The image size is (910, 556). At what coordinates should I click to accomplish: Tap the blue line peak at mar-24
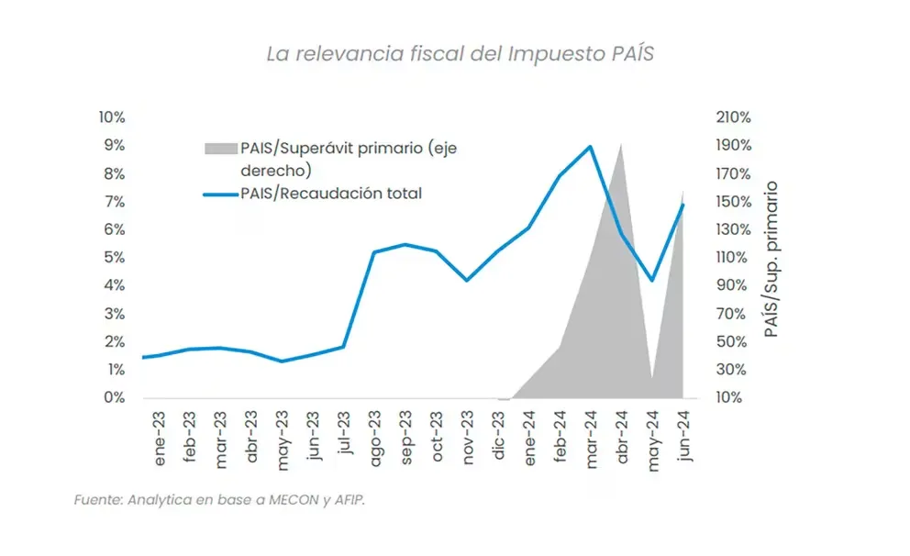(590, 147)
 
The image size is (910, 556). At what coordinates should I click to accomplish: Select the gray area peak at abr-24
(621, 145)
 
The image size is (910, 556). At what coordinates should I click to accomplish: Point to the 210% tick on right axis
(733, 117)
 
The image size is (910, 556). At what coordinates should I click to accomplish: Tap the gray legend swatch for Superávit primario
(219, 149)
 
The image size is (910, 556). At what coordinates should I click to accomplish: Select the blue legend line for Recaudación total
(219, 194)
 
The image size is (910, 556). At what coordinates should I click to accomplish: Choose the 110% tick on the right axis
(733, 258)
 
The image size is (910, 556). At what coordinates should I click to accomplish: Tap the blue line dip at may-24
(651, 280)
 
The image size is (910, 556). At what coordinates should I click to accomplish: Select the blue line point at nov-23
(467, 280)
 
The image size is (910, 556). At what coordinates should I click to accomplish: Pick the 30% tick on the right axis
(733, 370)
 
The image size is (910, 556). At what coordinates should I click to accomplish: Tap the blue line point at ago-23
(374, 251)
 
